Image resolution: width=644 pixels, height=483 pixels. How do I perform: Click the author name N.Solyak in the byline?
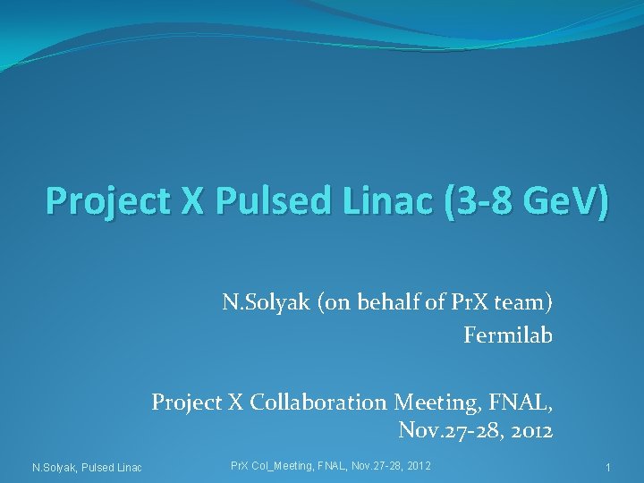[262, 302]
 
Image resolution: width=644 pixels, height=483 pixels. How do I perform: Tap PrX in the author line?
[462, 302]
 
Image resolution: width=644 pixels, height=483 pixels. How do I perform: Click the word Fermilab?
[508, 335]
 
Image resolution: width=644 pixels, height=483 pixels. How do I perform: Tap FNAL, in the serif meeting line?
[520, 402]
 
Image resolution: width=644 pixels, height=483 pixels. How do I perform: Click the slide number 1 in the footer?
[607, 468]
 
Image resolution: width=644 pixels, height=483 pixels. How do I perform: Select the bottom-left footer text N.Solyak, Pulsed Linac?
[87, 468]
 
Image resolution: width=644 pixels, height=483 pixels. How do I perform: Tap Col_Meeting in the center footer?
[284, 466]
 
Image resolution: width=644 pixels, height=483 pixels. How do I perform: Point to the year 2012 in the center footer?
[418, 466]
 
